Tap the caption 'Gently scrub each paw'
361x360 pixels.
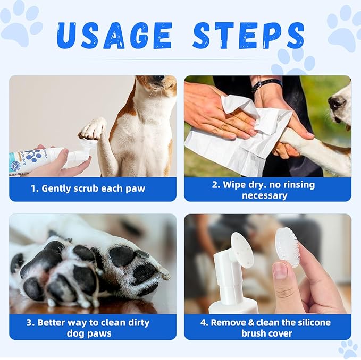(93, 188)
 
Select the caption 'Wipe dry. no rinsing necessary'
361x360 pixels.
(267, 190)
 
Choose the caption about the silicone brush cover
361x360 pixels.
(267, 328)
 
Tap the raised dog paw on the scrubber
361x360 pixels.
(93, 128)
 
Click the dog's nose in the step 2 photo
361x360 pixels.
(337, 102)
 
